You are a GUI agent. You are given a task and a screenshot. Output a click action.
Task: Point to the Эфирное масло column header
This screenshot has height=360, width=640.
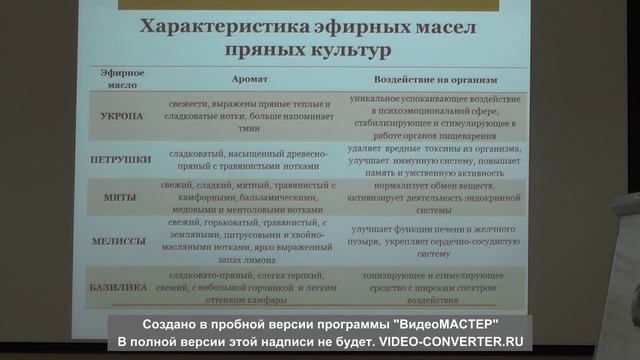click(x=122, y=80)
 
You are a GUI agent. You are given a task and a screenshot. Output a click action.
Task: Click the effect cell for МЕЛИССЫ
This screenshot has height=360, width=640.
click(x=435, y=241)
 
